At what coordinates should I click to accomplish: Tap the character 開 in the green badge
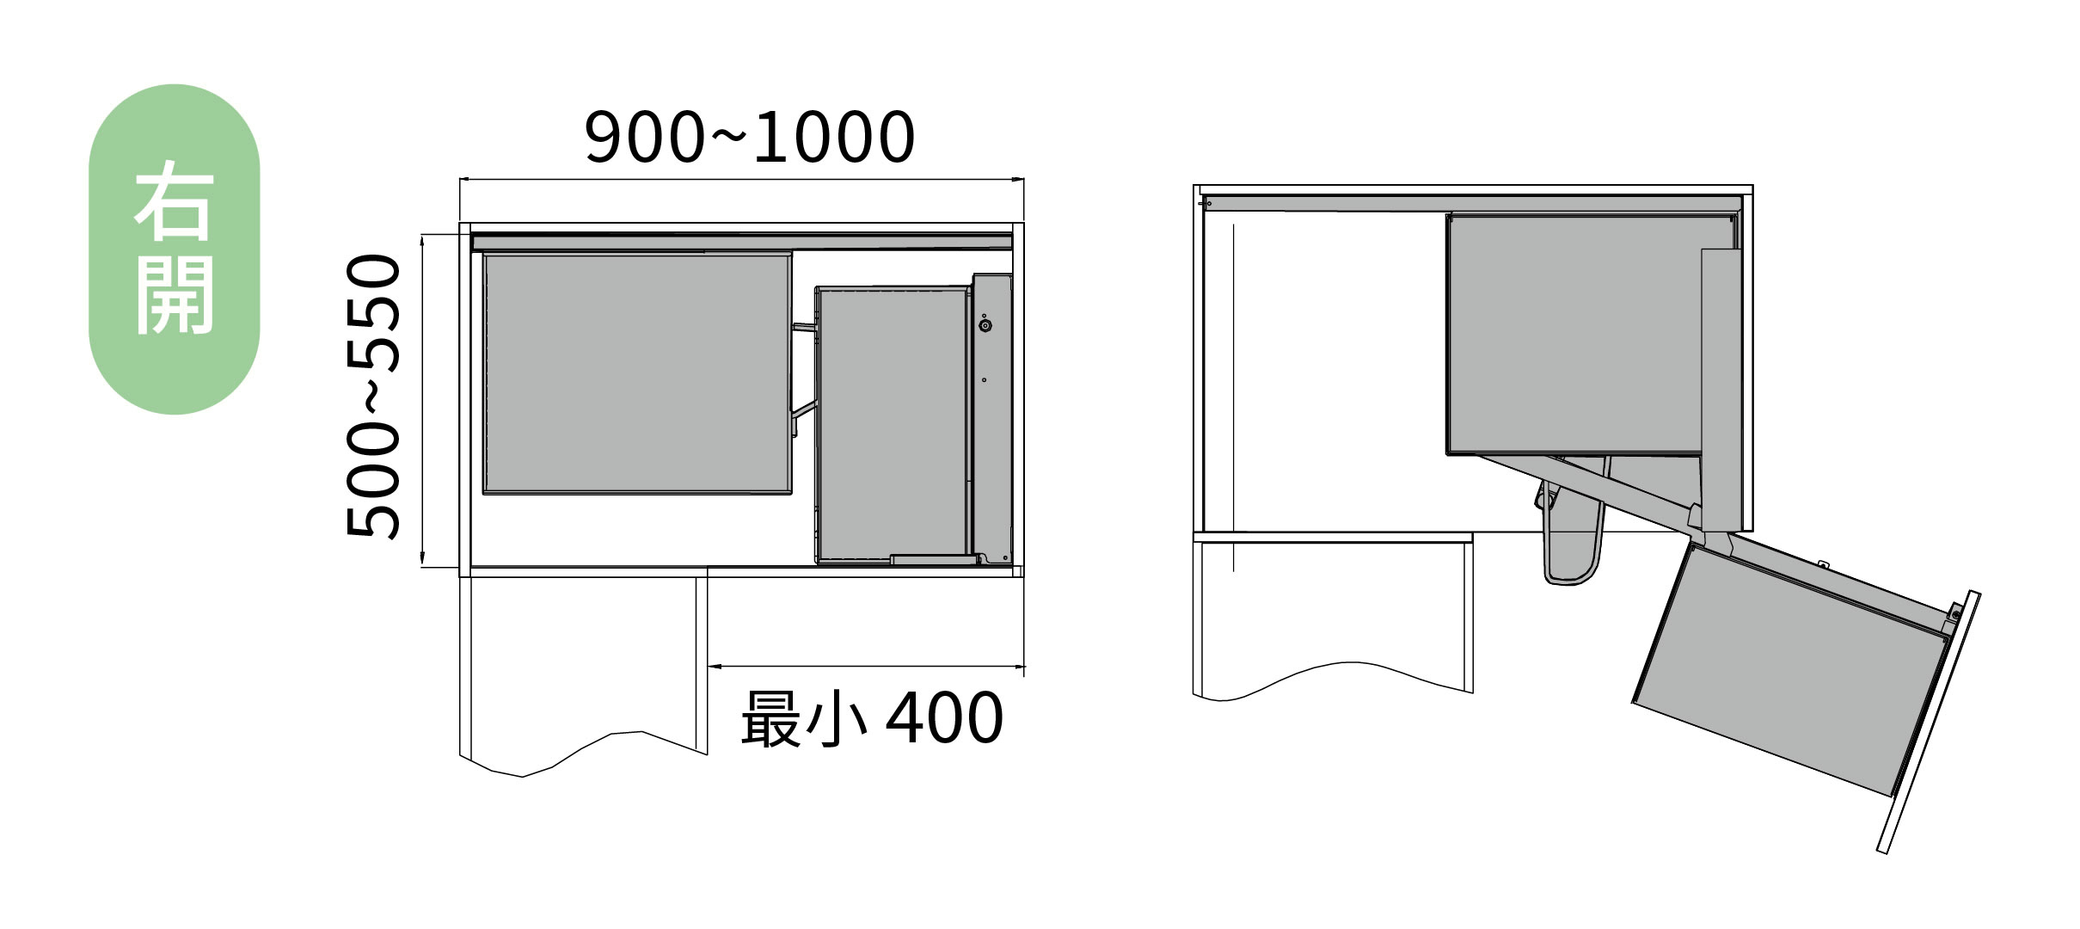(175, 294)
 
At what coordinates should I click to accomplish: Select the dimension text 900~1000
(749, 138)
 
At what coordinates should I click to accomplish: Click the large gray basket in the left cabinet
(636, 374)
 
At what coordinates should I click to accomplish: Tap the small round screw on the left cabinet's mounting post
(985, 326)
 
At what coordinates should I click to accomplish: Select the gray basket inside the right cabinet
(1574, 335)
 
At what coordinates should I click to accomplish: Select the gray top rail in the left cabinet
(741, 242)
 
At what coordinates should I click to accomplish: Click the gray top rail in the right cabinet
(1472, 203)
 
